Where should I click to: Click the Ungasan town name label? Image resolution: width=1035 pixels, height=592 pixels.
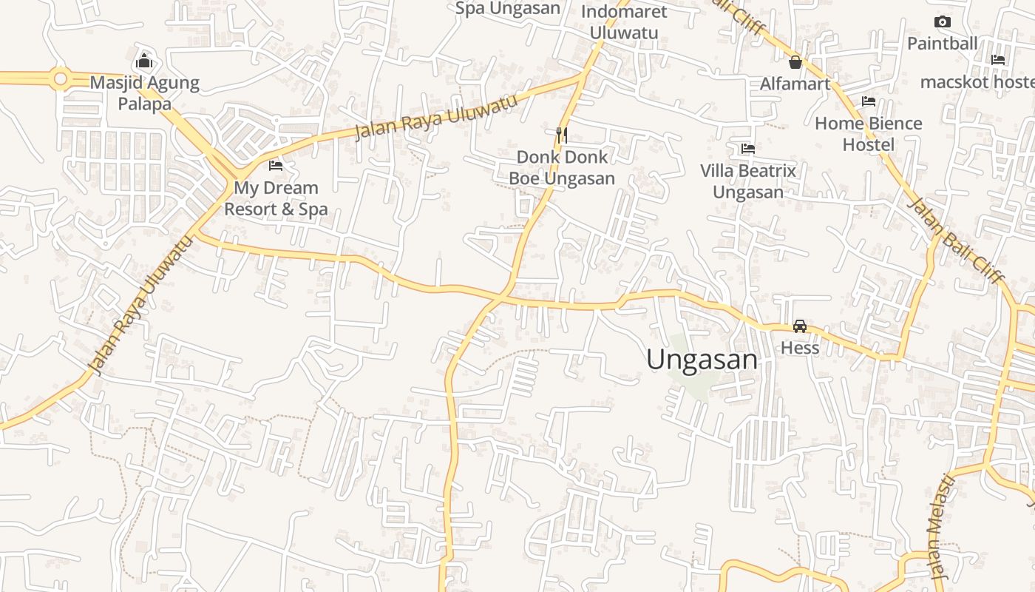(702, 360)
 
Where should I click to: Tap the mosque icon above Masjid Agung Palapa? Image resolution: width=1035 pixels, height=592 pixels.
(145, 60)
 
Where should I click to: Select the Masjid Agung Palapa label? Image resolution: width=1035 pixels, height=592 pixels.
(145, 93)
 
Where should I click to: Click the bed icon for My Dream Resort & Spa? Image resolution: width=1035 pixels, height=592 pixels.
(276, 166)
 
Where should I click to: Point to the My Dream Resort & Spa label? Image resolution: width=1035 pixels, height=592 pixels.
(276, 198)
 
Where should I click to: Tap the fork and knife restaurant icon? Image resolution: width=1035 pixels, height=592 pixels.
(562, 135)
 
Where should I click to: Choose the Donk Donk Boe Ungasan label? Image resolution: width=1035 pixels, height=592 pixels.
(562, 168)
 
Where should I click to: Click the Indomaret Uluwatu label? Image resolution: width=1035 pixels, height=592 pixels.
(624, 22)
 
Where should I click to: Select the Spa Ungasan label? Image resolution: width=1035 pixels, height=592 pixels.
(507, 8)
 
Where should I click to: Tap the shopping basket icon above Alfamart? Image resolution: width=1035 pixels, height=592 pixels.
(795, 62)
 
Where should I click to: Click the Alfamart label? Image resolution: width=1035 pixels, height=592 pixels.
(795, 84)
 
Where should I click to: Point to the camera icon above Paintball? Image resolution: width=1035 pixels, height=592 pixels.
(942, 22)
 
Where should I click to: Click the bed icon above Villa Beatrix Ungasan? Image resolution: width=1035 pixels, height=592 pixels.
(748, 149)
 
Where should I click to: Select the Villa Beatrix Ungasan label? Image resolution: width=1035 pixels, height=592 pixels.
(748, 181)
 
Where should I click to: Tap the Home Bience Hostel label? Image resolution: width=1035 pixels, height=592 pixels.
(869, 134)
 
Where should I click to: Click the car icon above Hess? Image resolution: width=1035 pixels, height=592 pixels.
(799, 326)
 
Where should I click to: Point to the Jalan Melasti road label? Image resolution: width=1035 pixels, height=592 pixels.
(937, 528)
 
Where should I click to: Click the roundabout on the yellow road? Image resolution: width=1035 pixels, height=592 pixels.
(60, 78)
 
